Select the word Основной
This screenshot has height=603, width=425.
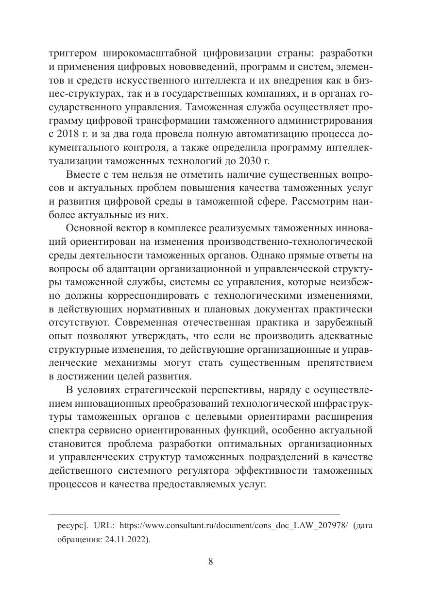tap(87, 227)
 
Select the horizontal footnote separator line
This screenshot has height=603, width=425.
tap(194, 514)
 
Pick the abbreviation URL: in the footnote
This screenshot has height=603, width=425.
tap(104, 525)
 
